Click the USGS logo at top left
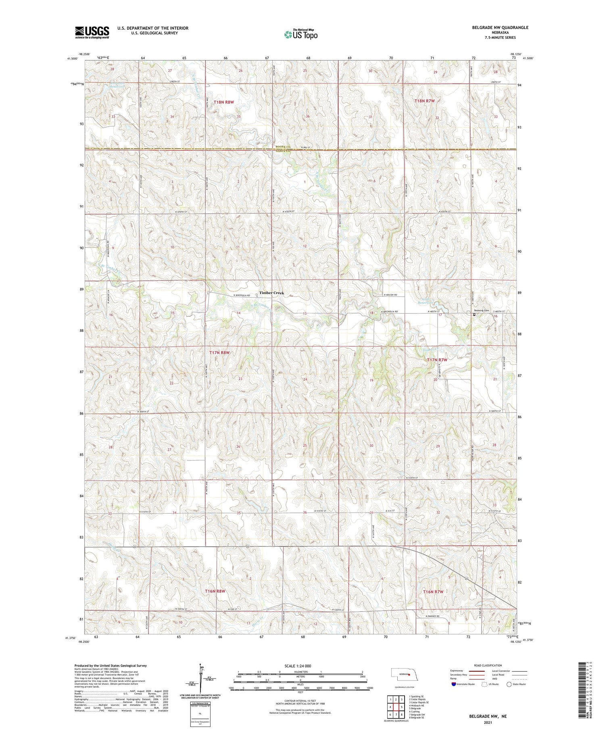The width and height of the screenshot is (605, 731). (x=92, y=32)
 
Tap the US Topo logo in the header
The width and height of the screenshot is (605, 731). (x=300, y=35)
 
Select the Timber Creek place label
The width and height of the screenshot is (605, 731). (x=271, y=293)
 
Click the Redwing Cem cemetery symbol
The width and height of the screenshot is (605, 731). (x=474, y=314)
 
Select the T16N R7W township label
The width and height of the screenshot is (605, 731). (x=433, y=591)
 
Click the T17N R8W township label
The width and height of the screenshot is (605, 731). (x=219, y=353)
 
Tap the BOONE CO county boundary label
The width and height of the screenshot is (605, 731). (x=283, y=147)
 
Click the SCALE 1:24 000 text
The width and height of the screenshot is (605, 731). (x=300, y=666)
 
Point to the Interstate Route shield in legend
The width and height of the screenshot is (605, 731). (x=454, y=684)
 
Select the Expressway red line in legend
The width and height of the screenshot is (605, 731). (x=479, y=671)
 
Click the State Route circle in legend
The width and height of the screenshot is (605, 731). (x=509, y=684)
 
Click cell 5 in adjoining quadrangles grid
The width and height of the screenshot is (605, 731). (x=402, y=707)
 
